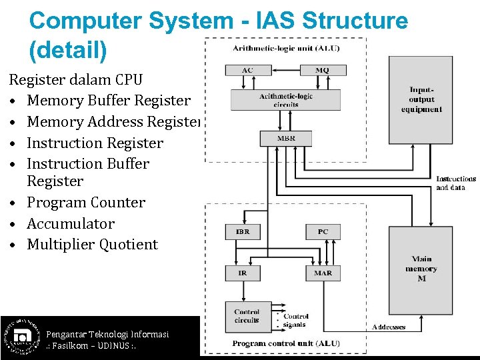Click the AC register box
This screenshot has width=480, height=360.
(x=247, y=70)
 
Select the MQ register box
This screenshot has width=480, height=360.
(x=322, y=70)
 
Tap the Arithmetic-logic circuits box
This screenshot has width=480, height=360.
(x=285, y=100)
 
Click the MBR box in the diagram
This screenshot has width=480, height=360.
(x=285, y=139)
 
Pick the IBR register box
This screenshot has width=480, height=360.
(x=243, y=232)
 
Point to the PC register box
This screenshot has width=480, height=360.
(x=323, y=232)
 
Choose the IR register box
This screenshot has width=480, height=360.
(x=243, y=273)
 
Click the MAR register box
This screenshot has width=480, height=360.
(x=323, y=273)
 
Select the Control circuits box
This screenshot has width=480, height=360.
(x=247, y=316)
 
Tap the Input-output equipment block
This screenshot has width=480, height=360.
(x=421, y=99)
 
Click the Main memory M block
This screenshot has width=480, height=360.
(x=421, y=269)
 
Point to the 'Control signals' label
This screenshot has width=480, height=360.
(x=295, y=320)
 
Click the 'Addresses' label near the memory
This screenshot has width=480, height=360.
(x=389, y=327)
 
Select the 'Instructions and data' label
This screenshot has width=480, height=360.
(x=456, y=183)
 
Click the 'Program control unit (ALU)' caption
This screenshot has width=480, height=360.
(x=286, y=343)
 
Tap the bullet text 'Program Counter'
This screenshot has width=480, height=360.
(x=86, y=203)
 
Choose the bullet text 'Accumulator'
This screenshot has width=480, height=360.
(x=71, y=224)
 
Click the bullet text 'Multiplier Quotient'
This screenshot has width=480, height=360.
(x=92, y=245)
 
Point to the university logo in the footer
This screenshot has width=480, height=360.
(x=20, y=336)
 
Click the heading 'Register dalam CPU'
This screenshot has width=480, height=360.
(x=75, y=80)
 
